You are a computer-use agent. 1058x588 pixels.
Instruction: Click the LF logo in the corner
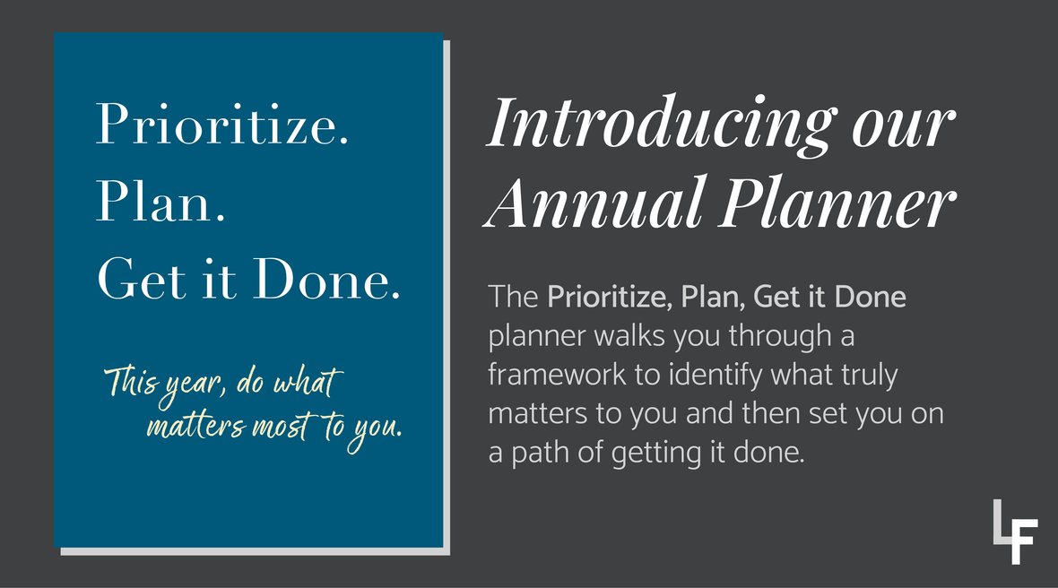pos(1015,532)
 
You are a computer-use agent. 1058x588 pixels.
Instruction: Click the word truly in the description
pos(867,375)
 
